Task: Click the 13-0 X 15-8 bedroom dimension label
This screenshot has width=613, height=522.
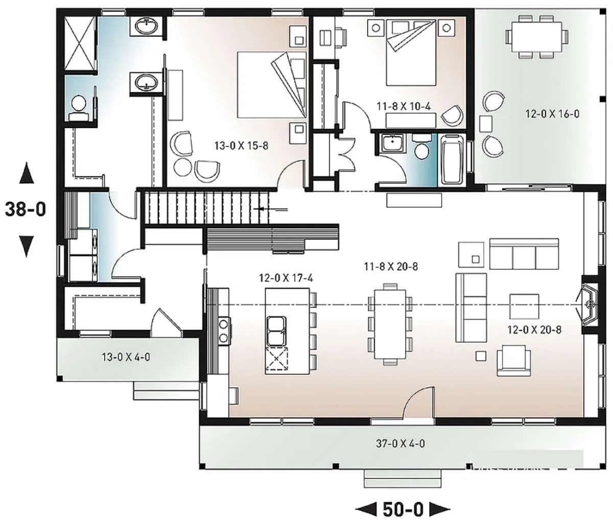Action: (242, 146)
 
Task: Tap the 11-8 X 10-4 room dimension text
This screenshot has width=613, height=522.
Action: (404, 106)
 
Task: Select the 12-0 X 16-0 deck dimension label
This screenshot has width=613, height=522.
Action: (552, 114)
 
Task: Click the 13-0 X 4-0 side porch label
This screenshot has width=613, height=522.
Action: (126, 357)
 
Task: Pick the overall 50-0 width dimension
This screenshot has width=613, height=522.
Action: (403, 510)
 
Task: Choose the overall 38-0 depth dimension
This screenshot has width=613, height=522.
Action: (26, 209)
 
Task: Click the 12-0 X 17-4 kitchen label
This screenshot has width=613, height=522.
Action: (286, 278)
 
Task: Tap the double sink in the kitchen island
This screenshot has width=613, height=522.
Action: (276, 331)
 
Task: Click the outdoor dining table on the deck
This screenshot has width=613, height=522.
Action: (536, 37)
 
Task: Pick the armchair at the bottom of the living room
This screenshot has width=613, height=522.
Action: (514, 361)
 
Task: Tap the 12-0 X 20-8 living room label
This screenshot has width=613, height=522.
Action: (534, 329)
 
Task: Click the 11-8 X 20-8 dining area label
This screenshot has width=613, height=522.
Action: (391, 266)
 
